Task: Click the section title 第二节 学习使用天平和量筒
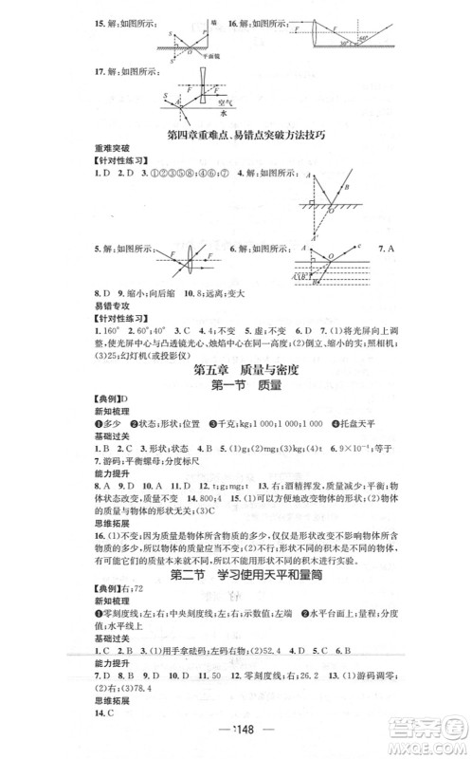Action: click(236, 575)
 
